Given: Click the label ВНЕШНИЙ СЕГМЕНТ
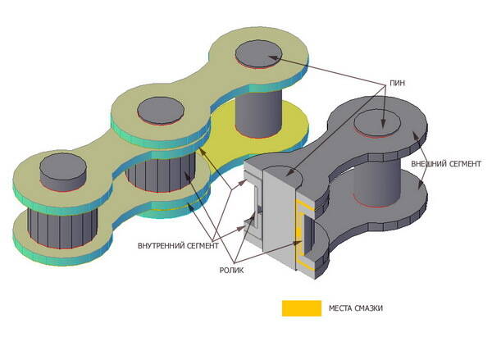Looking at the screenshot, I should [444, 163].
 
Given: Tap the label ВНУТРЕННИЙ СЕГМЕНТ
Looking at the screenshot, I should [177, 244].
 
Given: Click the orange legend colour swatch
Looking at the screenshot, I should [302, 308].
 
